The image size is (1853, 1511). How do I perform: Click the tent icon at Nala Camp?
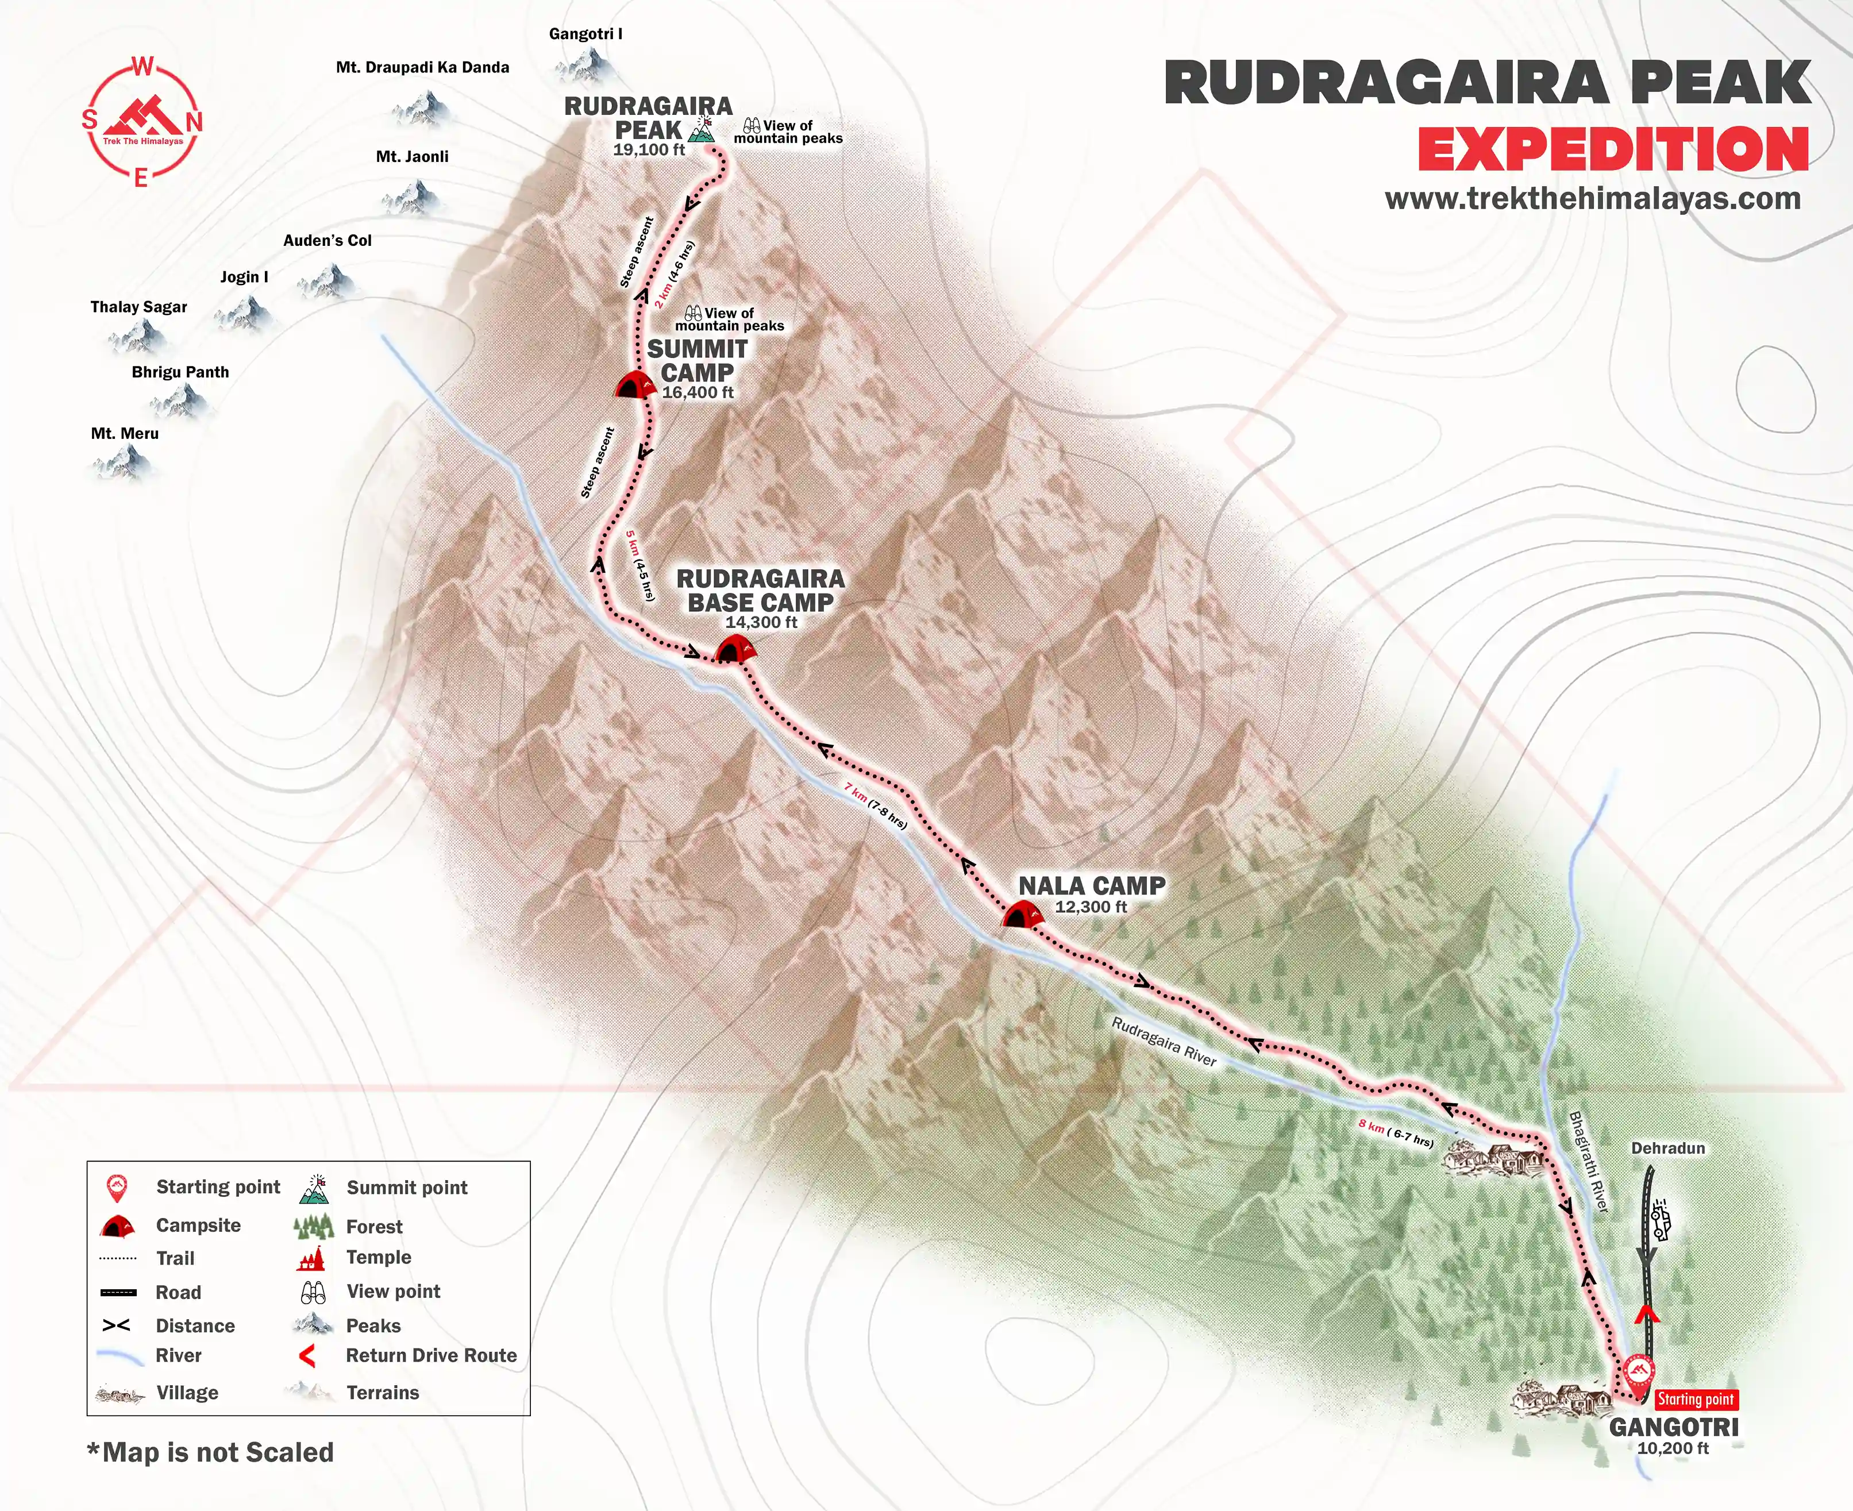(x=1022, y=916)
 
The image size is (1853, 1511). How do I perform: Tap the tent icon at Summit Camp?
(x=635, y=385)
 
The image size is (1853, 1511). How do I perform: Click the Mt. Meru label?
(x=125, y=433)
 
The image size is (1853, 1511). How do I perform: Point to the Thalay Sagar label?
(x=138, y=306)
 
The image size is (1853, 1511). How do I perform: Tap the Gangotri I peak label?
(x=585, y=34)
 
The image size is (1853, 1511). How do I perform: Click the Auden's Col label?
(x=328, y=240)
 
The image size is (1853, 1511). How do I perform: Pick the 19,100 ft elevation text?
(x=649, y=150)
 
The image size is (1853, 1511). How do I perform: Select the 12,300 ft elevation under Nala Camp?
(x=1091, y=907)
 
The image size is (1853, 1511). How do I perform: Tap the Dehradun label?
(x=1667, y=1148)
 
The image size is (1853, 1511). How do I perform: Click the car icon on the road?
(x=1660, y=1220)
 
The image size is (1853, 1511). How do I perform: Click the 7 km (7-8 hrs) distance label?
(x=876, y=805)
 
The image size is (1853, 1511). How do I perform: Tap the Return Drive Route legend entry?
(x=431, y=1355)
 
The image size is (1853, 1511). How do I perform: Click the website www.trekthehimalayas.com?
(x=1593, y=198)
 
